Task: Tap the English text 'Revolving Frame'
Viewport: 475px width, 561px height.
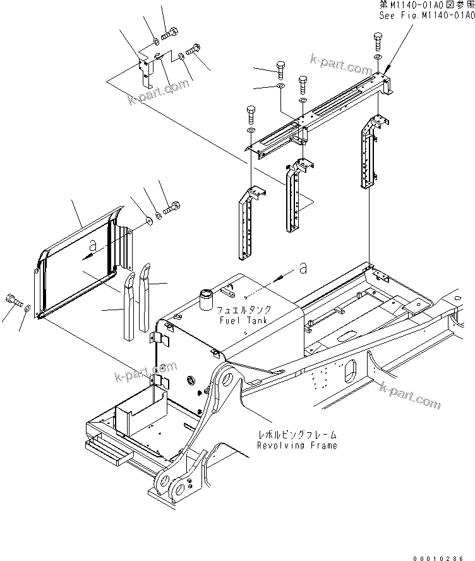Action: (297, 445)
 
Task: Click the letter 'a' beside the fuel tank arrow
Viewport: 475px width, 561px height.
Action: (303, 269)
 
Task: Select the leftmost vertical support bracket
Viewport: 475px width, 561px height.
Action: (247, 224)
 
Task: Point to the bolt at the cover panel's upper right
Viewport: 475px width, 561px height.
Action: (173, 207)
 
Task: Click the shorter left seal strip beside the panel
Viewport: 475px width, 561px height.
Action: (130, 306)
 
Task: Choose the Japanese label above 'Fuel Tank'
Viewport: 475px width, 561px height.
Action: (244, 310)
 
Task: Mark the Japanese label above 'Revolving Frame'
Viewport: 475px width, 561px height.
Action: (297, 435)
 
